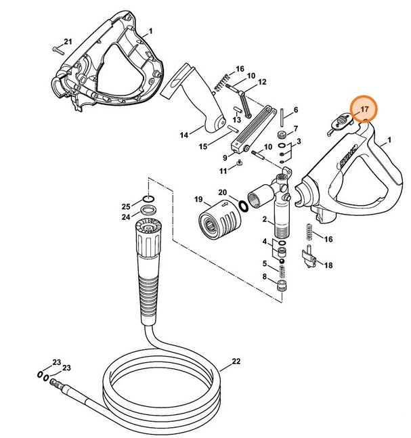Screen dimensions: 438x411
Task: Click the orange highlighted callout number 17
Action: pos(364,108)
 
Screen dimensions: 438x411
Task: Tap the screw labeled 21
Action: pos(57,48)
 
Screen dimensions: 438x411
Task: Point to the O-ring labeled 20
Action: pos(242,204)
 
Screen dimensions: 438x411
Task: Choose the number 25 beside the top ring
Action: pos(125,206)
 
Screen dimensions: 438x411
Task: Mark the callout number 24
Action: pos(125,217)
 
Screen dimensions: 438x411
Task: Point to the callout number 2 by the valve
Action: pos(264,220)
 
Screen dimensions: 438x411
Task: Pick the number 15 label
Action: pos(203,146)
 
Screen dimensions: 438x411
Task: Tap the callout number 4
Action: pos(264,242)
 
